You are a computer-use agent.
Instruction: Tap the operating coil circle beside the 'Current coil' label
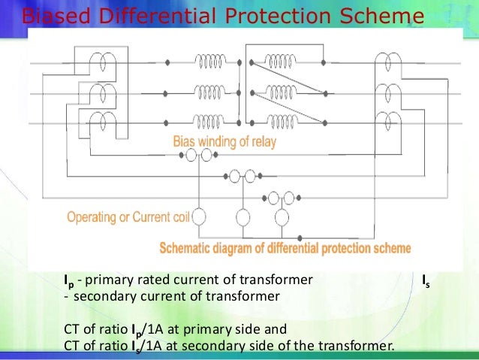point(200,217)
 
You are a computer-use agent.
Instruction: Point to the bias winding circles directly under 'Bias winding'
point(197,156)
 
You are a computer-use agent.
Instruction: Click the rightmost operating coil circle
point(282,217)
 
